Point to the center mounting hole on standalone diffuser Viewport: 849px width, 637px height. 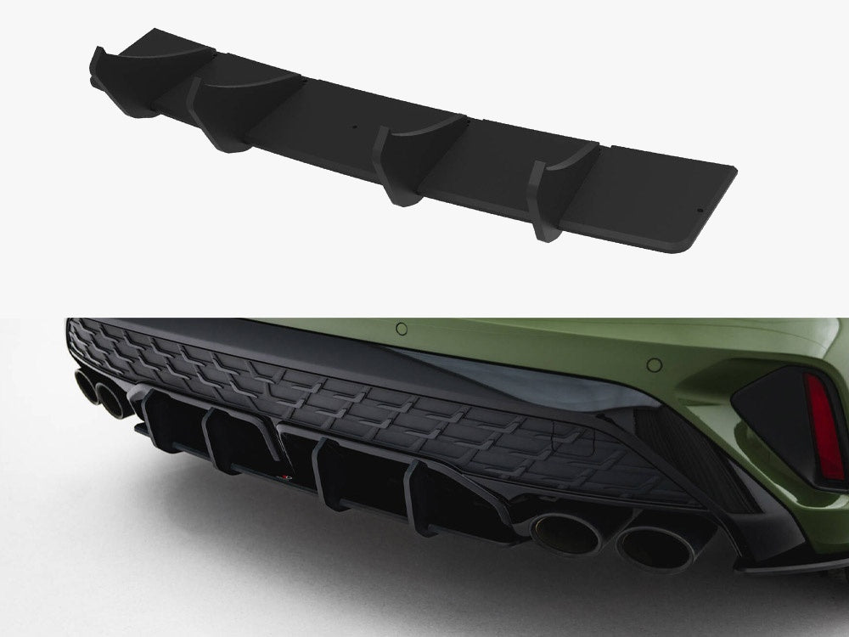[356, 130]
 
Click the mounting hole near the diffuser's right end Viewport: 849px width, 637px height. [698, 210]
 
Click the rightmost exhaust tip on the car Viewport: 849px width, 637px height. [650, 549]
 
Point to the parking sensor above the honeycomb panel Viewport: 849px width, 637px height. [402, 328]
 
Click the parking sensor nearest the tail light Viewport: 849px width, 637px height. [654, 364]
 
